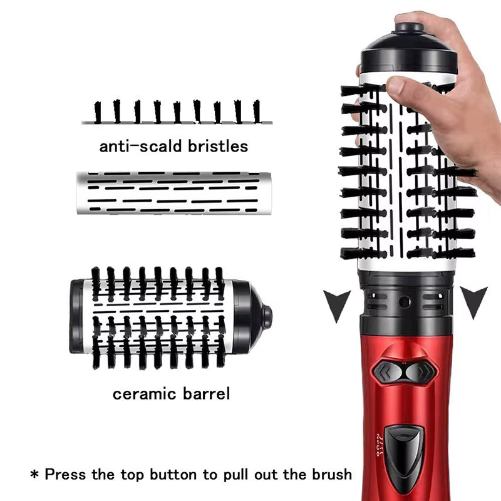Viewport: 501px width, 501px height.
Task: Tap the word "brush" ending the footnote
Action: coord(330,474)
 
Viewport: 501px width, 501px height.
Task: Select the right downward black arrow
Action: coord(474,299)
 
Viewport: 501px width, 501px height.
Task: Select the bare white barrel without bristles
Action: coord(169,192)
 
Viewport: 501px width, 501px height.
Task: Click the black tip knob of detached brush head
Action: coord(267,316)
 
